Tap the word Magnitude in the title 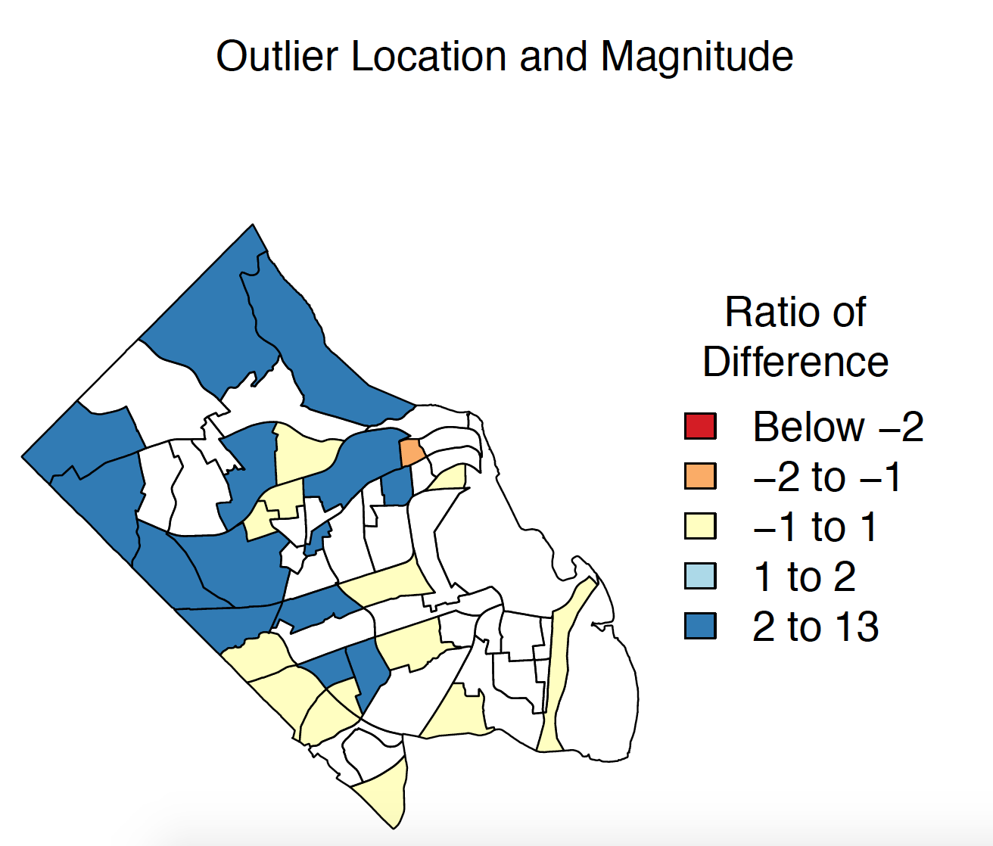[x=696, y=58]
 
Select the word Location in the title [x=428, y=56]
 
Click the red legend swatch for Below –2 [x=700, y=426]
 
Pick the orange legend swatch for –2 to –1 [x=700, y=476]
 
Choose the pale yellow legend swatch [x=700, y=526]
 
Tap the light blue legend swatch [x=700, y=576]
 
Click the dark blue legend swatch [x=700, y=626]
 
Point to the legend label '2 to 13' [x=815, y=627]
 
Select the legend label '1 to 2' [x=805, y=577]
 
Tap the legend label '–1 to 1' [x=815, y=527]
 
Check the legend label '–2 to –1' [x=826, y=477]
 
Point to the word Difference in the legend [x=795, y=362]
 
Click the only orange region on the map [x=411, y=452]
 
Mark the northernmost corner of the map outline [x=253, y=224]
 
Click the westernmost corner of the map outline [x=22, y=456]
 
